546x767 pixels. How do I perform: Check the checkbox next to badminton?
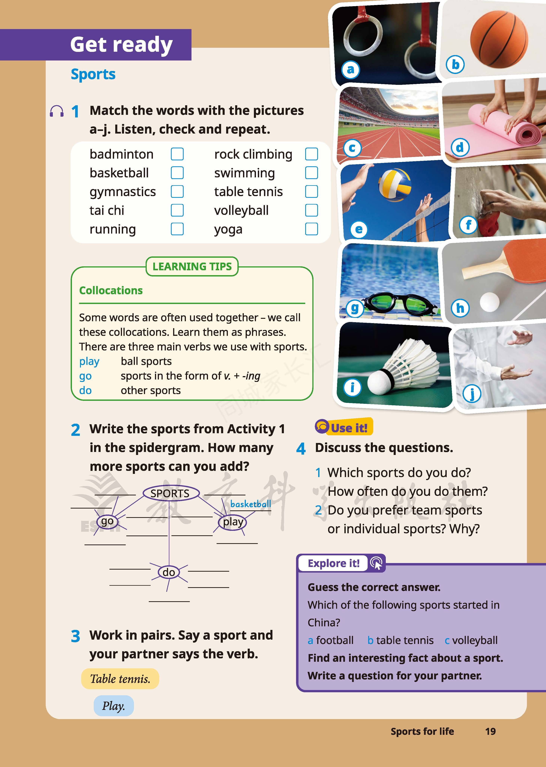pos(177,154)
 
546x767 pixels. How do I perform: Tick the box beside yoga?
pos(311,229)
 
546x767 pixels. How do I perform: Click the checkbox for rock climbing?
pos(311,154)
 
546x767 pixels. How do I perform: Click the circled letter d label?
pos(460,147)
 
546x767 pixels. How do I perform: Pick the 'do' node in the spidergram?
pos(169,572)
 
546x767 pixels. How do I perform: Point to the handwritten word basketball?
pos(251,504)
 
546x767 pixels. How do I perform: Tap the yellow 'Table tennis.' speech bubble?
pos(120,679)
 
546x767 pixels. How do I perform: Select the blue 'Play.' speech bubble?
pos(114,706)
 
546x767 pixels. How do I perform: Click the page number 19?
pos(490,731)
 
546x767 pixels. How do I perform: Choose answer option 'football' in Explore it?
pos(334,640)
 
